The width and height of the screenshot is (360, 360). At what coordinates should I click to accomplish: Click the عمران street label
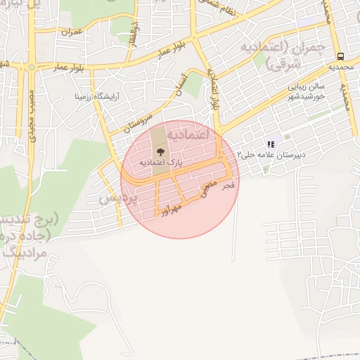[x=72, y=32]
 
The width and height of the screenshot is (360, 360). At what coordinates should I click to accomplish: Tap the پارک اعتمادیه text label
[x=160, y=162]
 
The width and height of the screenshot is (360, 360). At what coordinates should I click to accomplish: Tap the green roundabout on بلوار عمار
[x=32, y=68]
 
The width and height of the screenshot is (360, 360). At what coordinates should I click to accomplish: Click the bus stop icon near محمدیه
[x=341, y=56]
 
